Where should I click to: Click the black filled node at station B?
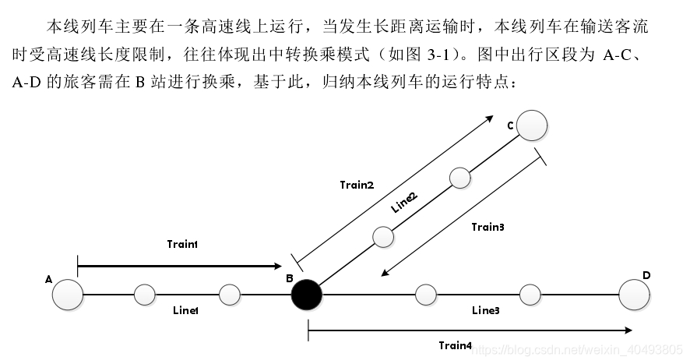[x=306, y=295]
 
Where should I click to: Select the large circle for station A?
[x=68, y=295]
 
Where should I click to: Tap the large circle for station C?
[x=532, y=125]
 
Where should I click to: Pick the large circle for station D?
[x=634, y=295]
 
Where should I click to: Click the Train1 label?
[x=182, y=244]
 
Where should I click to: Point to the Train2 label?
[x=357, y=185]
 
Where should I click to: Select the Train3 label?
[x=488, y=227]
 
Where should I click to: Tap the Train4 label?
[x=455, y=345]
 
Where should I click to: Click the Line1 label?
[x=185, y=310]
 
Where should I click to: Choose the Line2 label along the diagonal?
[x=404, y=203]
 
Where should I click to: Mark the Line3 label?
[x=485, y=310]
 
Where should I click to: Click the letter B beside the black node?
[x=289, y=278]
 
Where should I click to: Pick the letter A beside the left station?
[x=49, y=279]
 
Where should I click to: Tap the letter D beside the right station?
[x=646, y=275]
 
